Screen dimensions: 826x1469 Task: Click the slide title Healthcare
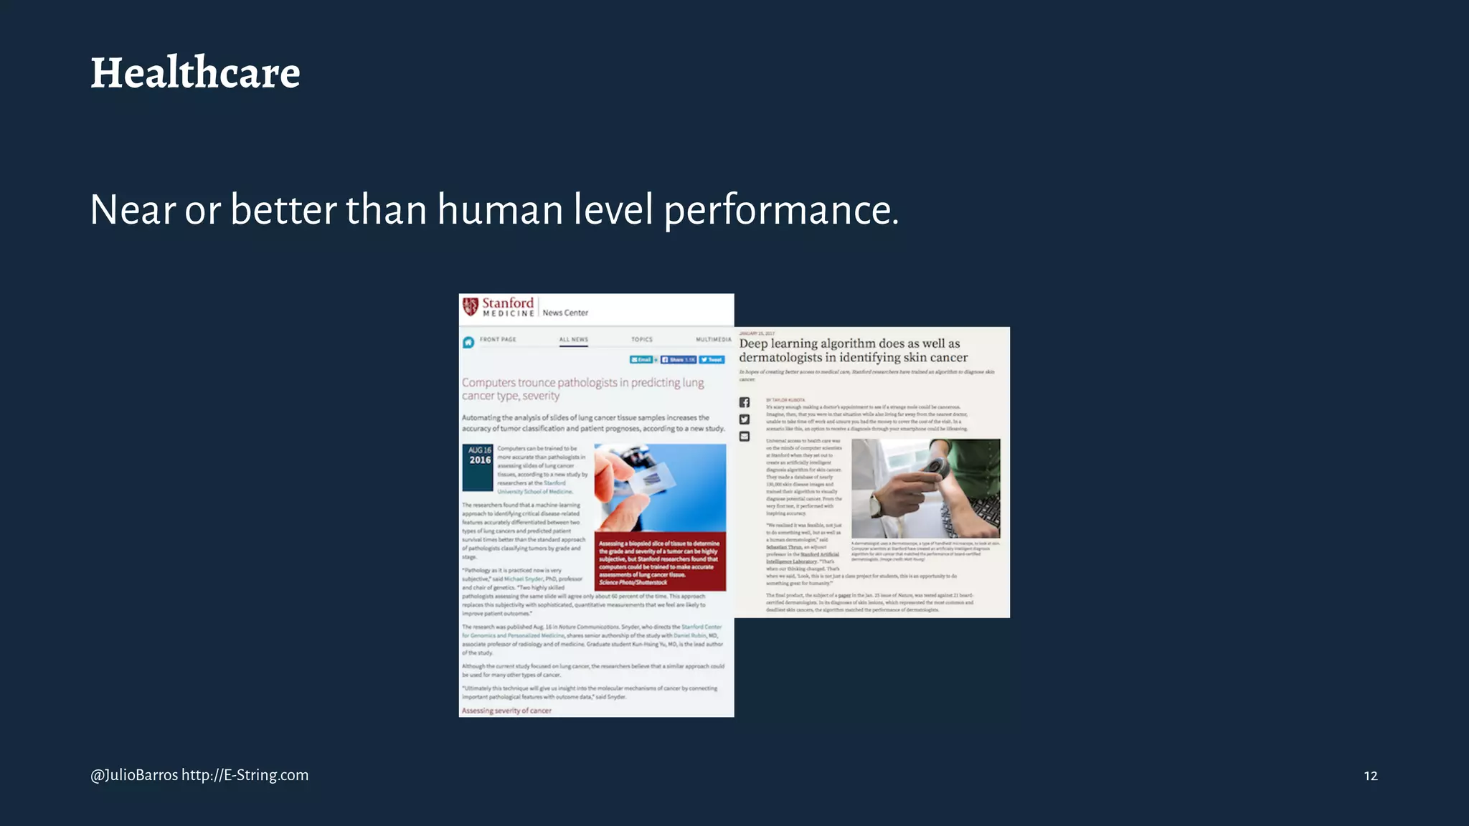coord(195,73)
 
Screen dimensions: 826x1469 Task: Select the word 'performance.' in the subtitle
coord(780,210)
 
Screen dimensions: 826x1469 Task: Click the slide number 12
coord(1370,776)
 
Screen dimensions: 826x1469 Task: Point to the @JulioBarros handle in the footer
coord(134,775)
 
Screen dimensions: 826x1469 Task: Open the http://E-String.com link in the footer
coord(245,775)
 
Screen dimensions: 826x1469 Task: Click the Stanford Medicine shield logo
coord(471,307)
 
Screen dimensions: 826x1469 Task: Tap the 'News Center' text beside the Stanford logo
coord(565,313)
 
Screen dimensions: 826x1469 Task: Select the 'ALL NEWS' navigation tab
coord(573,340)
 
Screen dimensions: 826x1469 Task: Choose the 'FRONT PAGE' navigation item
coord(498,340)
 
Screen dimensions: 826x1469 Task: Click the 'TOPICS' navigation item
coord(642,340)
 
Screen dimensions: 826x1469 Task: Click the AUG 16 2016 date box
coord(478,467)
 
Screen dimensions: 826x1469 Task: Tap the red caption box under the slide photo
coord(660,561)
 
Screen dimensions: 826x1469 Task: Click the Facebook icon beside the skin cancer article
coord(745,402)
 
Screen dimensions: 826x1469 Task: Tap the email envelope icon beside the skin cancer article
coord(745,437)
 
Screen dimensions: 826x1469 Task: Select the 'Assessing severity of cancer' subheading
coord(506,711)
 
